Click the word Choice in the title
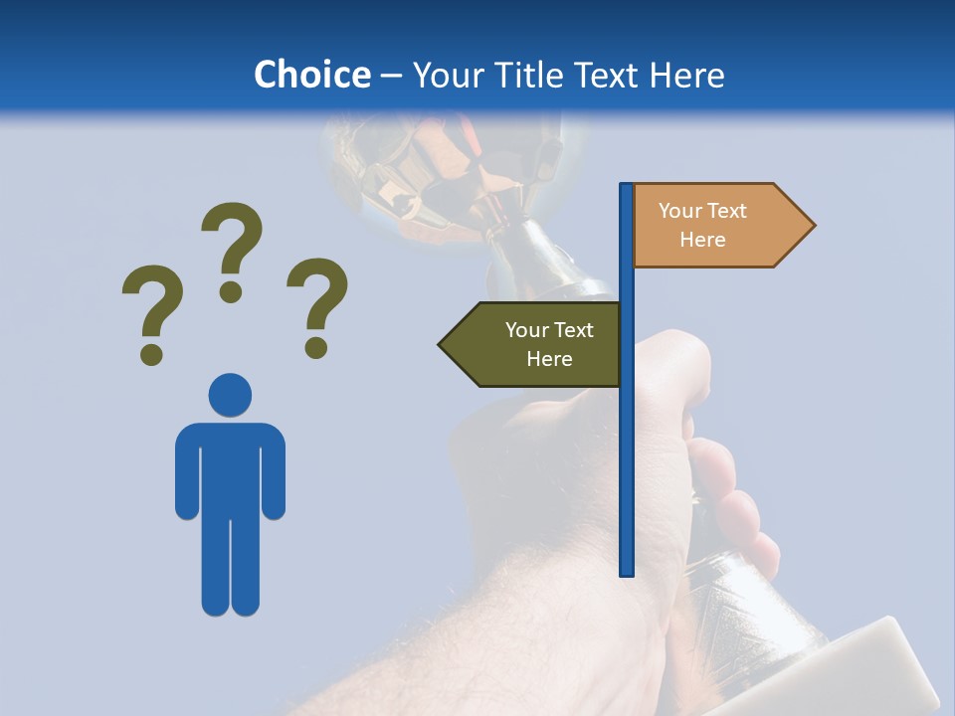point(311,75)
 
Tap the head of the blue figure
point(230,395)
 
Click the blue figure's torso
point(230,467)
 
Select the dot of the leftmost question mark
point(151,353)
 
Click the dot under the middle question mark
point(231,290)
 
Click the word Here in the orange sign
point(702,240)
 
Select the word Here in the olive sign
point(549,359)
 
